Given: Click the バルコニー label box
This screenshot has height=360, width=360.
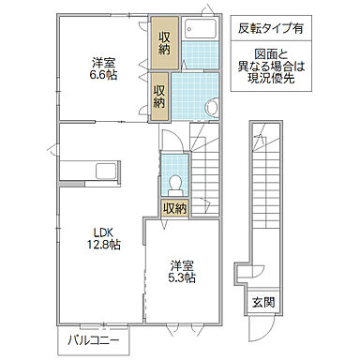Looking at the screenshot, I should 92,340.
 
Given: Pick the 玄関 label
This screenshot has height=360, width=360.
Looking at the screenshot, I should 263,302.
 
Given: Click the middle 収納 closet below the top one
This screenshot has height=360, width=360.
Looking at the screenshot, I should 159,97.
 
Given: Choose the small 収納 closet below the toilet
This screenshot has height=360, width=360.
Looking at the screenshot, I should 174,208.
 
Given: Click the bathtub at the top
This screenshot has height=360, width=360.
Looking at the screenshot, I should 199,28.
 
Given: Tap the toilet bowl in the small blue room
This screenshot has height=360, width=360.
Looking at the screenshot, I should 174,184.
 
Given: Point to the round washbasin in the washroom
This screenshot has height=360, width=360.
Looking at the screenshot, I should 211,108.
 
